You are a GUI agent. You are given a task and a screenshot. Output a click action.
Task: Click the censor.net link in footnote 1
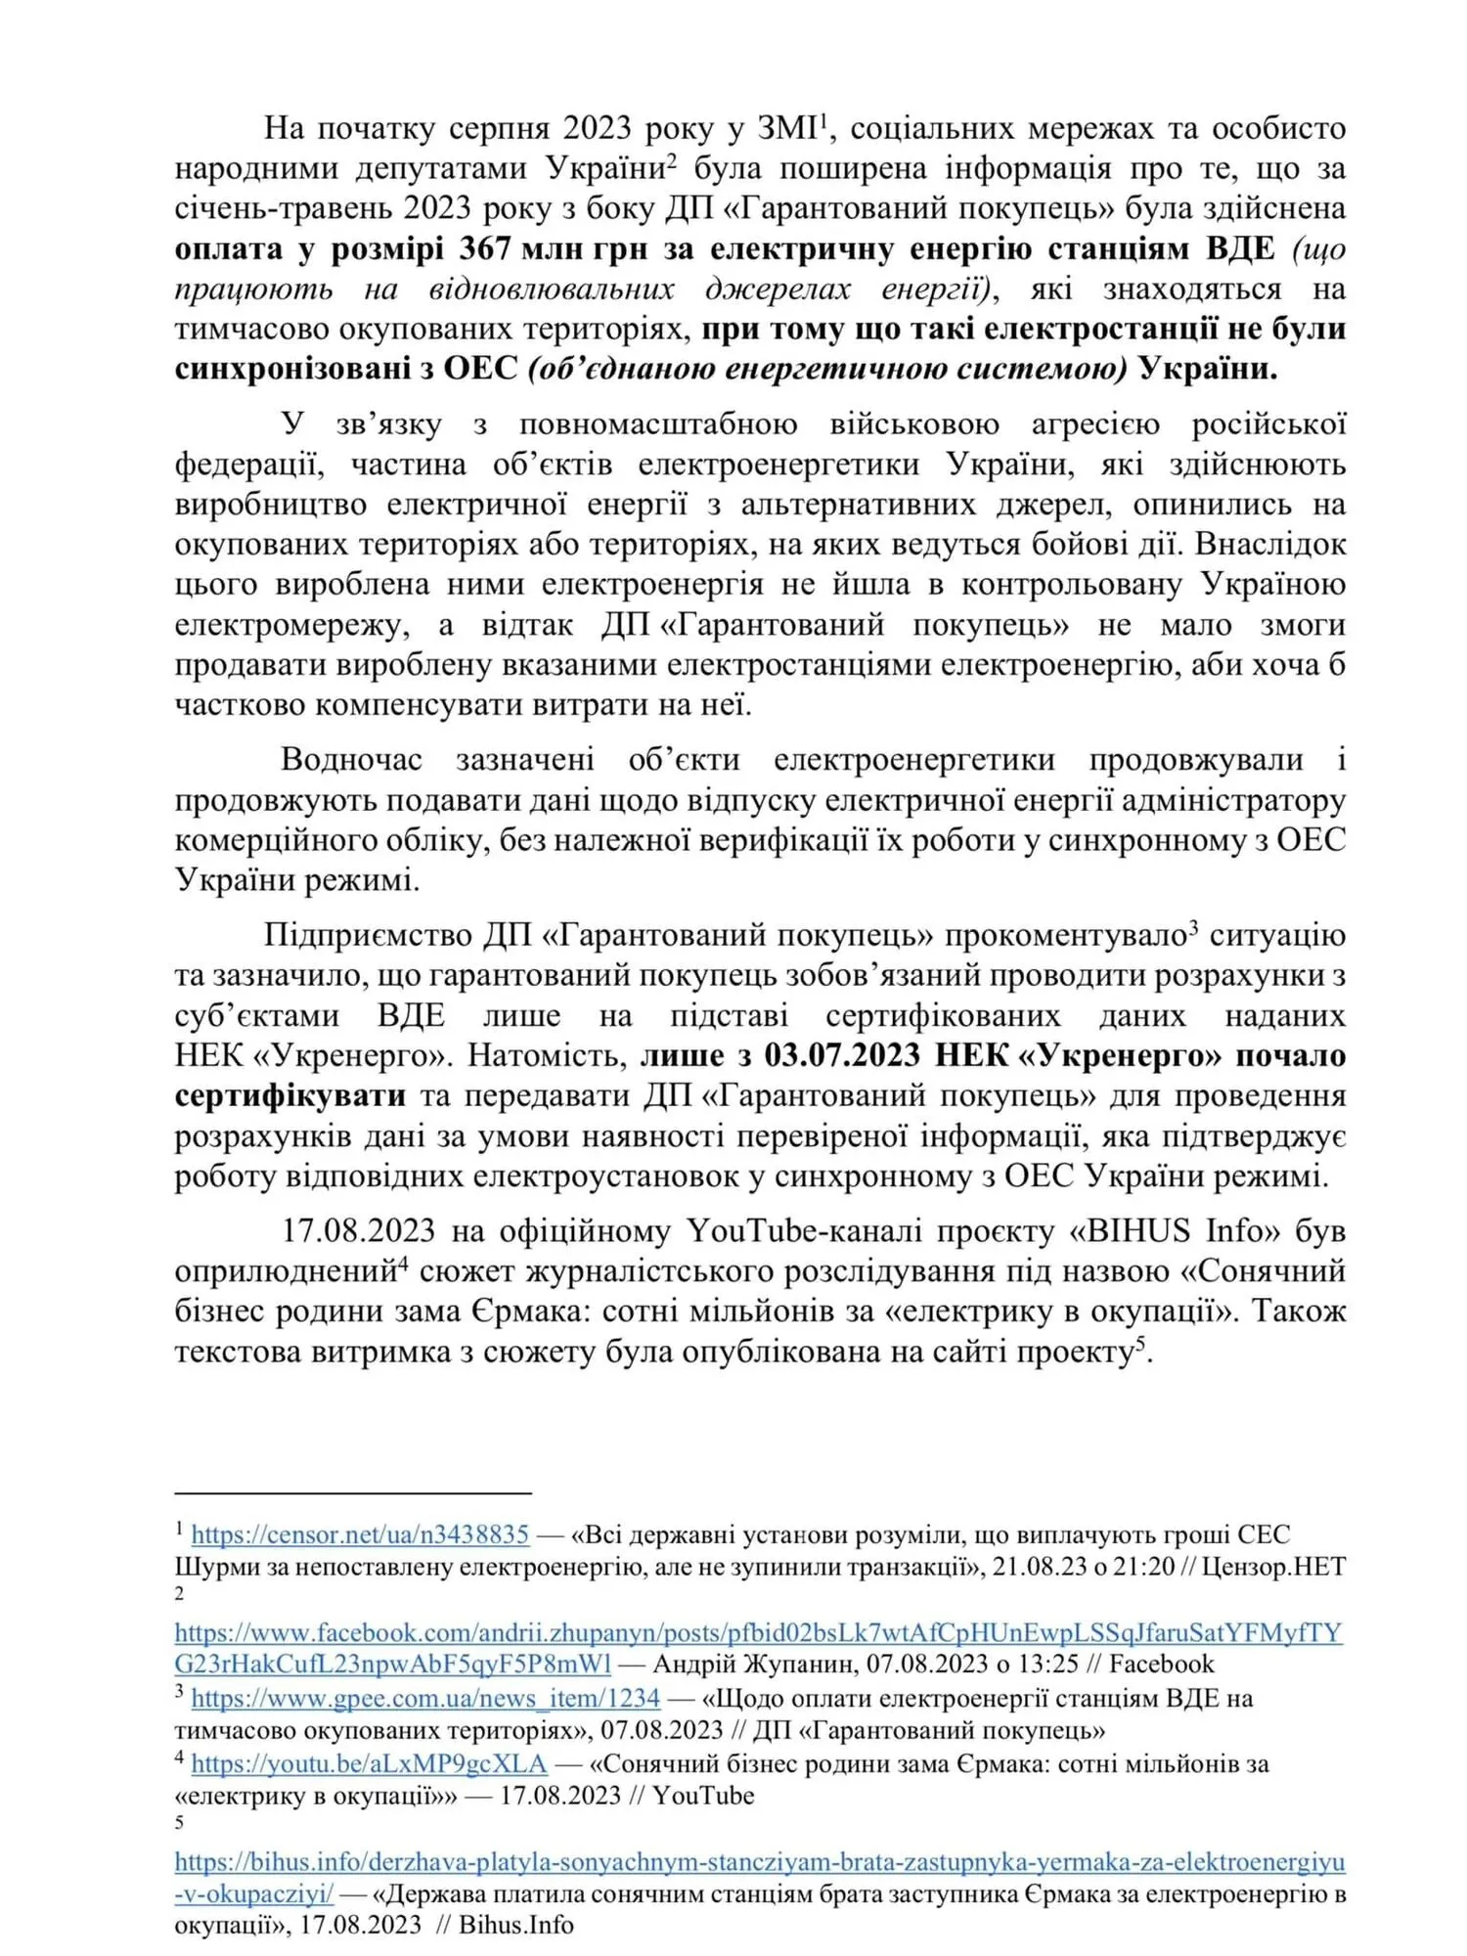[x=360, y=1534]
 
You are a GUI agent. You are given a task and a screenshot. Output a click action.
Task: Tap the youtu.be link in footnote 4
[x=369, y=1762]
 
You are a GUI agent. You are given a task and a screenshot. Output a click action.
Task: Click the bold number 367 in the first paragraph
[x=485, y=248]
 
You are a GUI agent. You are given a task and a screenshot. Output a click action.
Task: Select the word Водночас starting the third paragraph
[x=351, y=759]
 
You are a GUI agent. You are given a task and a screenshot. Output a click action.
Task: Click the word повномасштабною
[x=658, y=423]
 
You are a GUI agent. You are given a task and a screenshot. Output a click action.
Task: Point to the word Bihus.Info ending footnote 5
[x=515, y=1925]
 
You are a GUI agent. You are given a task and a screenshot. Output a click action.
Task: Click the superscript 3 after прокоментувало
[x=1193, y=926]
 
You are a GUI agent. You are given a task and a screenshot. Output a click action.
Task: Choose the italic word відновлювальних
[x=552, y=289]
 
